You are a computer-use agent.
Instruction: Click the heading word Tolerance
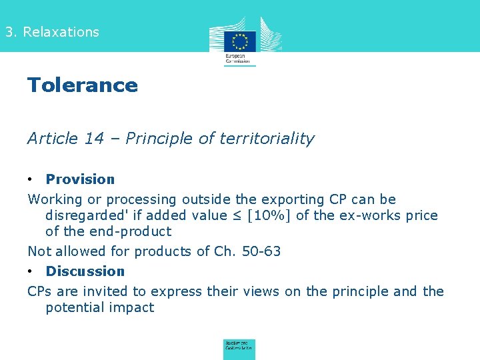click(x=82, y=85)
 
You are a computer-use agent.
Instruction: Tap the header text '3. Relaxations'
click(x=51, y=32)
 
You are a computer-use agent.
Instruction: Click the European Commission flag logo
click(x=239, y=41)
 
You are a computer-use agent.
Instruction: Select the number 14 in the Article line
click(x=94, y=139)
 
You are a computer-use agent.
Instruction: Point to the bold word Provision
click(x=80, y=179)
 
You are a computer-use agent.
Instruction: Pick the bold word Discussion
click(x=85, y=271)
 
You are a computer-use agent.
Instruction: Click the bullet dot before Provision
click(x=31, y=179)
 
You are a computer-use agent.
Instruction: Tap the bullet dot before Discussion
click(x=31, y=271)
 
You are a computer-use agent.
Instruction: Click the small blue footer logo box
click(x=239, y=349)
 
